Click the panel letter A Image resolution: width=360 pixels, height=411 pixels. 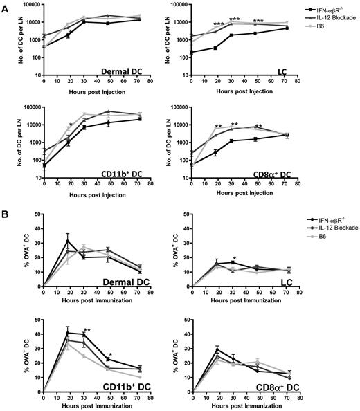click(x=6, y=6)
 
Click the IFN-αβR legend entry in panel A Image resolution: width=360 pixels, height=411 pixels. click(x=330, y=12)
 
